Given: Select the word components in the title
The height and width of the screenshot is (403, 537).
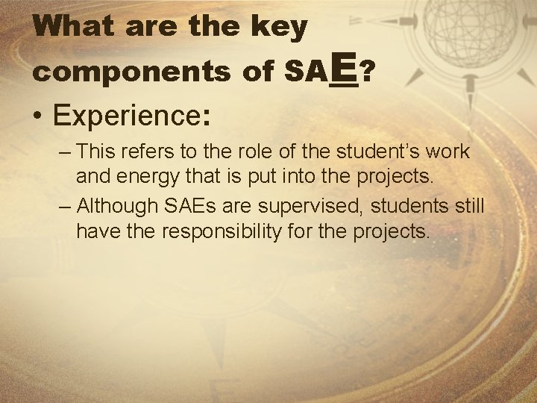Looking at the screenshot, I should [134, 73].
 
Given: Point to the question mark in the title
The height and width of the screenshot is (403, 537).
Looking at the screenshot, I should [367, 72].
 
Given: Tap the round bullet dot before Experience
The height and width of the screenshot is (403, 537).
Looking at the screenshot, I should [37, 118].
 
